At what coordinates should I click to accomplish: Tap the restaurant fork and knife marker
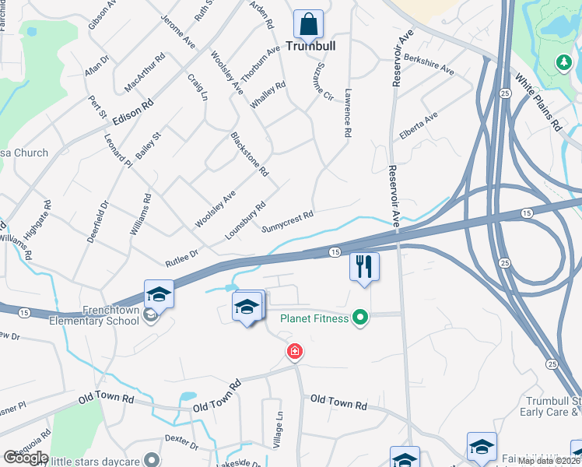[x=364, y=266]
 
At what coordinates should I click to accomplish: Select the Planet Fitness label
[x=314, y=318]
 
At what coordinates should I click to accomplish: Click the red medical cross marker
[x=294, y=352]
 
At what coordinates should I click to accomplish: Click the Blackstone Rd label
[x=249, y=153]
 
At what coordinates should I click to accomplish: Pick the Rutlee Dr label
[x=182, y=253]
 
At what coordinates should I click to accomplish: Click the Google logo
[x=26, y=458]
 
